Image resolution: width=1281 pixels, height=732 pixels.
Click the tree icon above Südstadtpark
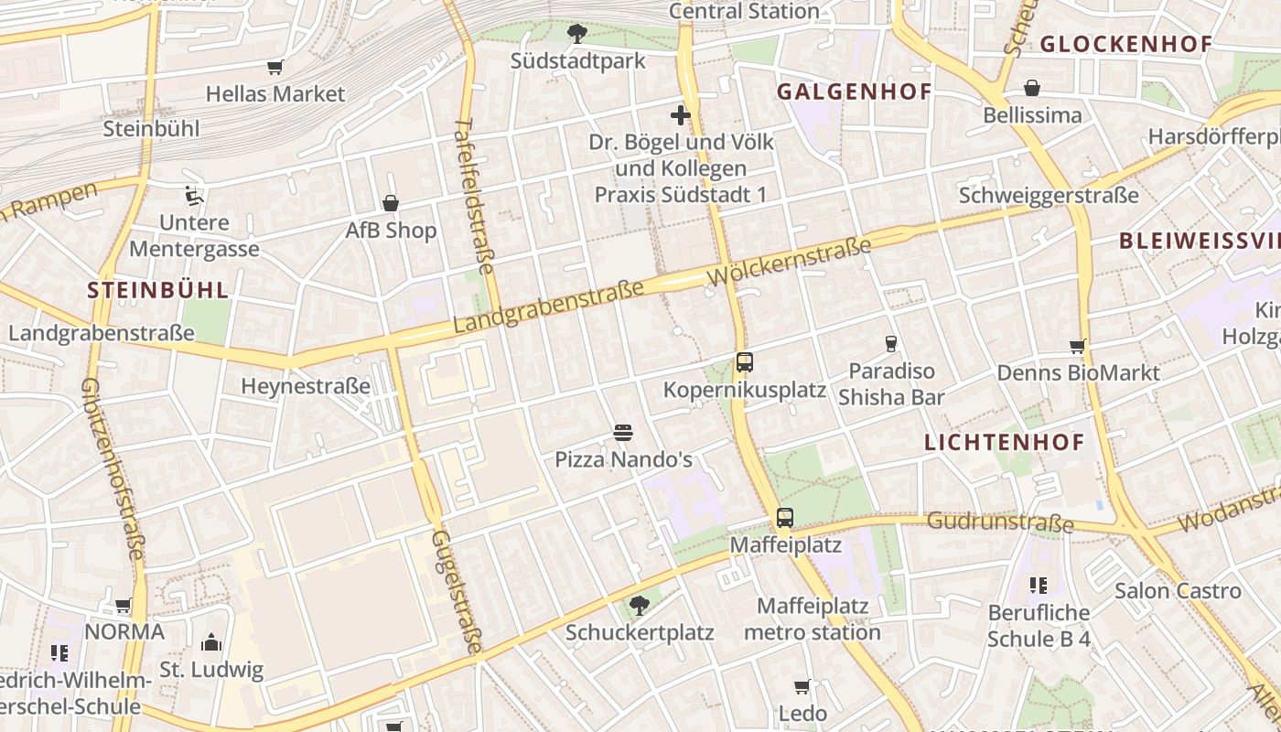(576, 35)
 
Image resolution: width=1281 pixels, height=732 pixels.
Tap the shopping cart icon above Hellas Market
(274, 67)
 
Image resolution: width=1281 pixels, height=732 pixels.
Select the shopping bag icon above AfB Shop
(391, 203)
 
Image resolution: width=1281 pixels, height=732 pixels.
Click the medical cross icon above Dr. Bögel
(680, 115)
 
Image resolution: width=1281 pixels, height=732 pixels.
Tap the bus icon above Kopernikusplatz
(744, 362)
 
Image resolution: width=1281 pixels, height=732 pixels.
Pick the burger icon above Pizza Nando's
(623, 432)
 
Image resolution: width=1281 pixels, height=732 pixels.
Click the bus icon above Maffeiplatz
(785, 518)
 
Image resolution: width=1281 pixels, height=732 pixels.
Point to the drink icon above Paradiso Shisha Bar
(890, 344)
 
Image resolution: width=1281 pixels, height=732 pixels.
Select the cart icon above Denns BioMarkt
(1078, 346)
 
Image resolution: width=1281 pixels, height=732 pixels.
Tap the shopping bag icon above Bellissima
(1032, 88)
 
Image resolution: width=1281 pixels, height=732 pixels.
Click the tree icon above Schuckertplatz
(639, 605)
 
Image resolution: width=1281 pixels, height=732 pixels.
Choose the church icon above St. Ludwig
(211, 642)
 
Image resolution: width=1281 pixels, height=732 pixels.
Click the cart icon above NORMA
(124, 605)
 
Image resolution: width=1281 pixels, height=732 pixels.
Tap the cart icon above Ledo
(802, 686)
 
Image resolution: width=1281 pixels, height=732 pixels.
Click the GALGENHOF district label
(854, 91)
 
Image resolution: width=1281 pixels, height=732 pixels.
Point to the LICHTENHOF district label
(1004, 443)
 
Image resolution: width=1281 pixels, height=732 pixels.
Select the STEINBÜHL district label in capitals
(157, 291)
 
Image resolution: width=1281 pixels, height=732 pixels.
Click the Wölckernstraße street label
(789, 261)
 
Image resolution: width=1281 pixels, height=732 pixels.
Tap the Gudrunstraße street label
(1000, 522)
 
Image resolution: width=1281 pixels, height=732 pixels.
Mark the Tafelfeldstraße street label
(473, 196)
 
